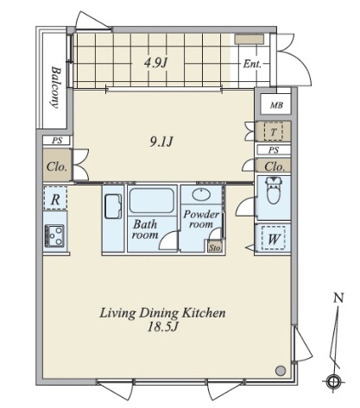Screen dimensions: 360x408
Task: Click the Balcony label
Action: (x=56, y=87)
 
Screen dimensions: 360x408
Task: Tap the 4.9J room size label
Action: (x=155, y=62)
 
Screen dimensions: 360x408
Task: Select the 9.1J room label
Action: (x=161, y=141)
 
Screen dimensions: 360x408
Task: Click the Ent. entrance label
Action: (x=252, y=64)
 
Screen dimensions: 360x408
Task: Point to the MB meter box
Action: (x=276, y=105)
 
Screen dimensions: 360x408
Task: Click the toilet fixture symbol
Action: (x=274, y=190)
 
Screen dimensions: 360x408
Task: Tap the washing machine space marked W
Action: (x=274, y=238)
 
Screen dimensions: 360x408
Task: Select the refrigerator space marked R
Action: (x=55, y=198)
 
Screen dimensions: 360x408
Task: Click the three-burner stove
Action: (x=54, y=235)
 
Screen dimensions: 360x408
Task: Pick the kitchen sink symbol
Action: (x=113, y=206)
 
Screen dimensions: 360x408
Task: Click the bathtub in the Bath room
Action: (x=152, y=201)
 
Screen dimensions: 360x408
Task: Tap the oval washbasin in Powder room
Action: (x=201, y=195)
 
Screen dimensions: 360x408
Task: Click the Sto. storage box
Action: (x=215, y=247)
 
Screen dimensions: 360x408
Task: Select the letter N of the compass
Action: (x=338, y=298)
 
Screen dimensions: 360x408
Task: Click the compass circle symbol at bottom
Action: (x=333, y=382)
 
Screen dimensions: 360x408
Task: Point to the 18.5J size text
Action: (x=162, y=327)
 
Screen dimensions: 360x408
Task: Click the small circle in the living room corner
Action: (x=281, y=370)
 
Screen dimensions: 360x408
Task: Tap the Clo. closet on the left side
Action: (x=57, y=166)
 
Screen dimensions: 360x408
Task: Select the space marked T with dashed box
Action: (x=274, y=132)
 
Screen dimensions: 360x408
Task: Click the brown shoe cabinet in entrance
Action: (x=249, y=40)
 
